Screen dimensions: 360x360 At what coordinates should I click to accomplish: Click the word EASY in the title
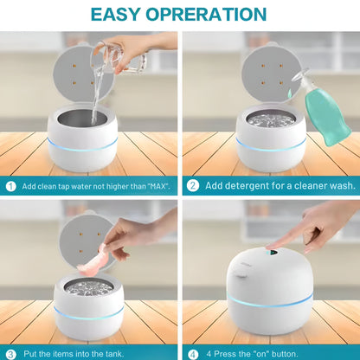120,15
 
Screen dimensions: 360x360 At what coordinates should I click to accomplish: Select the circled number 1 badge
10,185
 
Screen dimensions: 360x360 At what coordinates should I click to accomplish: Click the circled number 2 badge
193,185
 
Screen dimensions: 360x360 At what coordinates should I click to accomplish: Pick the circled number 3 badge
10,353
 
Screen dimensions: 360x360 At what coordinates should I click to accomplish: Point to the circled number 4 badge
193,353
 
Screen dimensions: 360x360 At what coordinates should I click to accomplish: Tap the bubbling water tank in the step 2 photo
269,119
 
